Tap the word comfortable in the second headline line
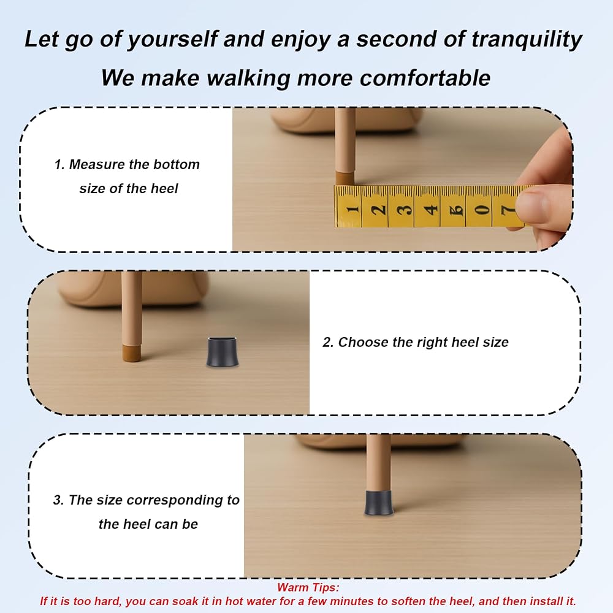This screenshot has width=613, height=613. point(425,78)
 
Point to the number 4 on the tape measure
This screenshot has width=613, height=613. point(431,210)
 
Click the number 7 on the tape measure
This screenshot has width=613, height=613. point(508,210)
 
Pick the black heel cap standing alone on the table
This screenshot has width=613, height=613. point(223,351)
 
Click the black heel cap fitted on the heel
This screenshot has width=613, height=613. point(378,503)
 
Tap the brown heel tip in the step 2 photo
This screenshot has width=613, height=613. point(132,352)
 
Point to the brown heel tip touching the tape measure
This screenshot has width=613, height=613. point(345,178)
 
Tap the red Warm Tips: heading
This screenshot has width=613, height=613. point(308,587)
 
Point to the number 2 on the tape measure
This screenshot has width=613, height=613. point(378,209)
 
